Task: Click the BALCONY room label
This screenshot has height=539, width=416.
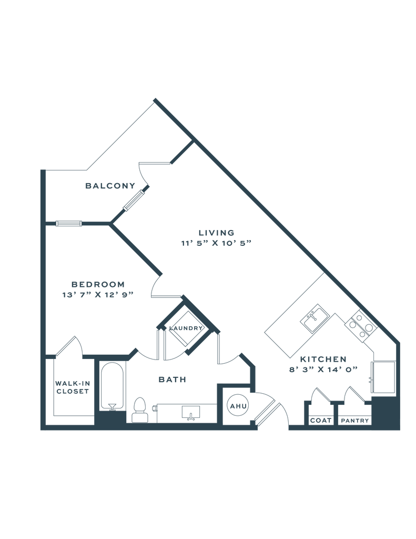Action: pyautogui.click(x=110, y=186)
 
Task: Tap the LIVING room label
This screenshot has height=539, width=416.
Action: pyautogui.click(x=216, y=232)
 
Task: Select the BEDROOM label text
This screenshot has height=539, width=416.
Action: pyautogui.click(x=93, y=283)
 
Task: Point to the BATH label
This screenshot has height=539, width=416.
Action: pyautogui.click(x=171, y=379)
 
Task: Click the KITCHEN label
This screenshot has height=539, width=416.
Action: pyautogui.click(x=323, y=359)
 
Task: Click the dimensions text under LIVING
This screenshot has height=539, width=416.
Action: pyautogui.click(x=217, y=243)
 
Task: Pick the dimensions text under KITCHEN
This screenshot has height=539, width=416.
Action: pyautogui.click(x=323, y=370)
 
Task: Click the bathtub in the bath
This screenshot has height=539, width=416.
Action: pyautogui.click(x=112, y=387)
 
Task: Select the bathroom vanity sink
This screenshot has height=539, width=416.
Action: pyautogui.click(x=189, y=413)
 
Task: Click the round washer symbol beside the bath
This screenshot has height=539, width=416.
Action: pyautogui.click(x=236, y=404)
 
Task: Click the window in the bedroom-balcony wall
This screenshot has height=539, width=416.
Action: pyautogui.click(x=68, y=224)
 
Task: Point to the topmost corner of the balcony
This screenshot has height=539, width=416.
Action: pyautogui.click(x=155, y=99)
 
